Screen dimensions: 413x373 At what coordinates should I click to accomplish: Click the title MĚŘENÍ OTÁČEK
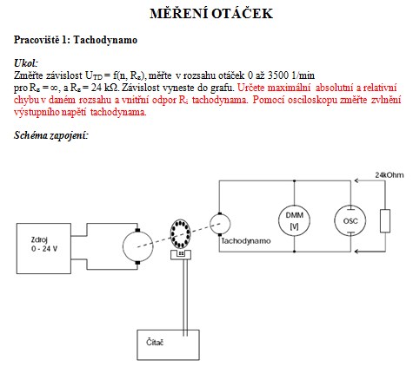[x=211, y=13]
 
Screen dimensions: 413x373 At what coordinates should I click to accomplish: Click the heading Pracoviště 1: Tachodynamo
[x=76, y=40]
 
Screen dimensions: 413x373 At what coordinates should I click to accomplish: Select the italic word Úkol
[x=26, y=62]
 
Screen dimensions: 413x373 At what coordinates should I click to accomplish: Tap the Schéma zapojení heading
[x=50, y=135]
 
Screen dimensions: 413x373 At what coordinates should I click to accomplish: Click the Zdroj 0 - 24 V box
[x=43, y=248]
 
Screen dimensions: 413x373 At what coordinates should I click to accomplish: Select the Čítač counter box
[x=168, y=344]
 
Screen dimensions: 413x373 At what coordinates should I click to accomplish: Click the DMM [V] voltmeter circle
[x=294, y=220]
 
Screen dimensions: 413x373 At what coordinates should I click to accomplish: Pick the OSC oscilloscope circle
[x=350, y=220]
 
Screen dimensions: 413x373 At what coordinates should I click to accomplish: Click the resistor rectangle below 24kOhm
[x=385, y=221]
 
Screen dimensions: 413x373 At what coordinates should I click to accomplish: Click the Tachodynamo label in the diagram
[x=246, y=241]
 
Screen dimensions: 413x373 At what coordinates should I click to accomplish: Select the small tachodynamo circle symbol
[x=220, y=224]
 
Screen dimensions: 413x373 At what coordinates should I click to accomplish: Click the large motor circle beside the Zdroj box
[x=138, y=246]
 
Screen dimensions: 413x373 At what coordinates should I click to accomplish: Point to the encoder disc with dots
[x=180, y=234]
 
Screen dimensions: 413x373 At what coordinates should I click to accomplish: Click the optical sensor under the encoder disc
[x=181, y=254]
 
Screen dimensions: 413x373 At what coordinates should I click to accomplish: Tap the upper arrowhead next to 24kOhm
[x=357, y=181]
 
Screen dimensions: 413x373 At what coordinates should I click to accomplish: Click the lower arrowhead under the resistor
[x=357, y=252]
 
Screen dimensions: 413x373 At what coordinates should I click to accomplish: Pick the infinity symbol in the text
[x=54, y=88]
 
